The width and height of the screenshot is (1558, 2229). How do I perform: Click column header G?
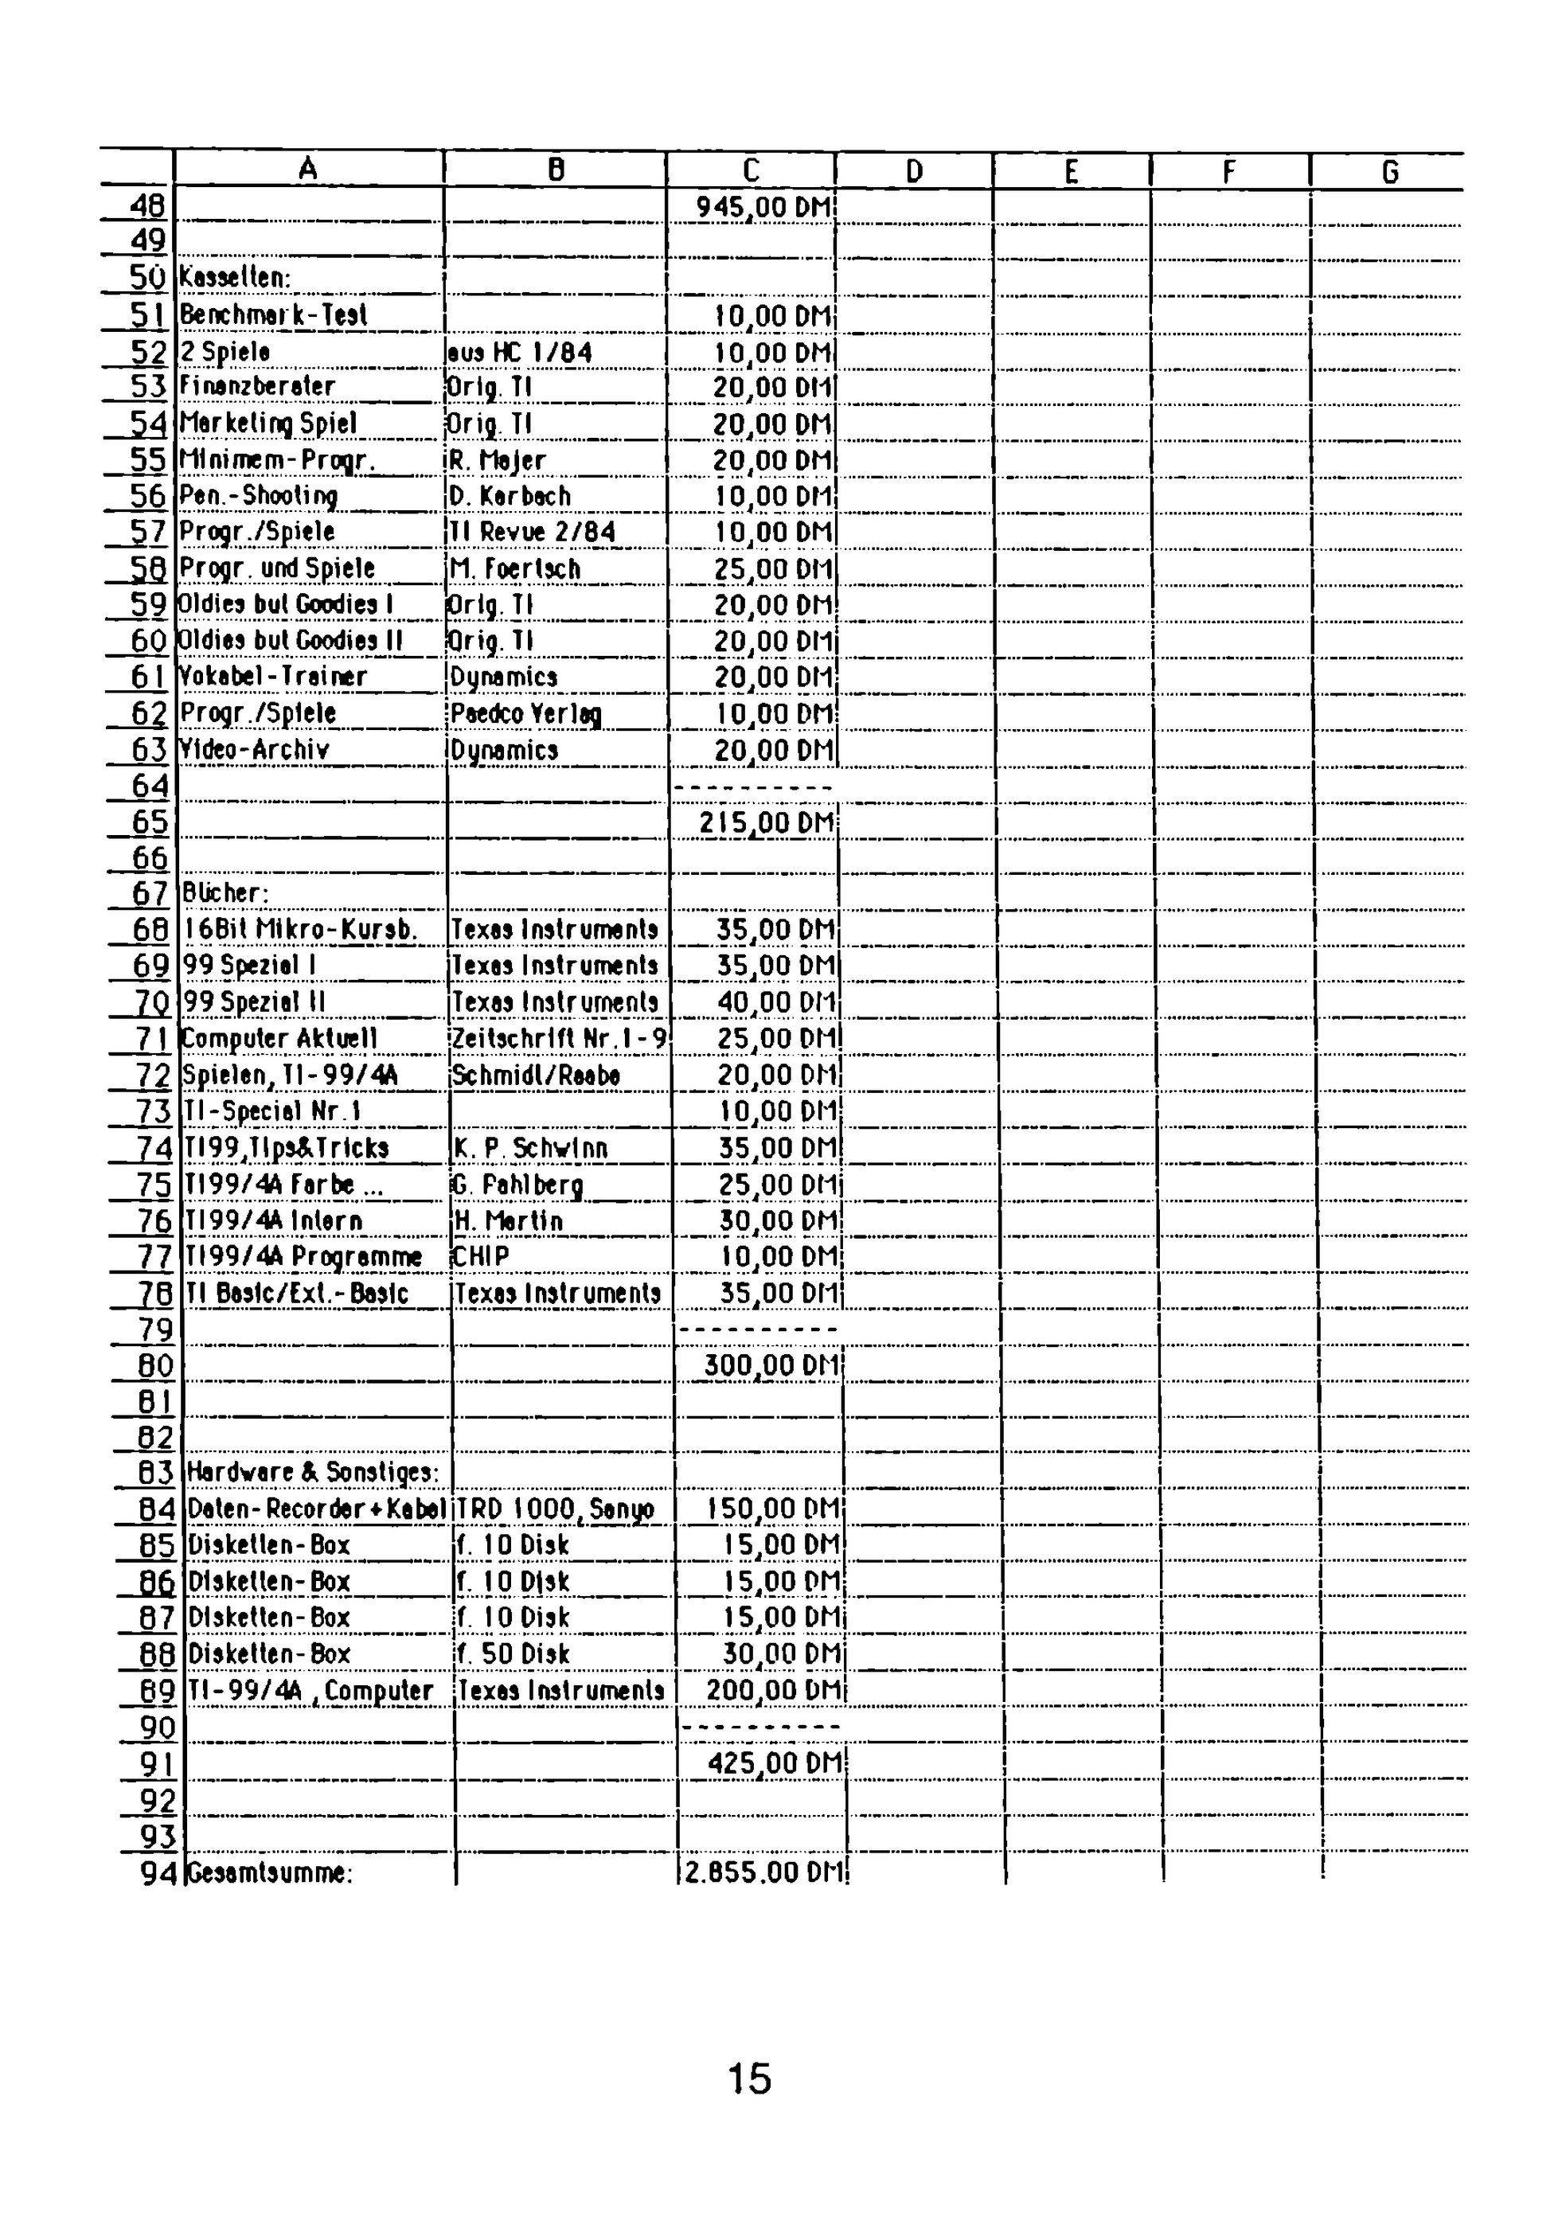click(1389, 172)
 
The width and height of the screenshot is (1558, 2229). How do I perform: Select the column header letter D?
click(913, 172)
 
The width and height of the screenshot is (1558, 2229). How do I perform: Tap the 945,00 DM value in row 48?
click(765, 207)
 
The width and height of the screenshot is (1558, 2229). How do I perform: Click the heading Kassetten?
click(235, 278)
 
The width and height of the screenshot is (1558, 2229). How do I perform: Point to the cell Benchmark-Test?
click(274, 314)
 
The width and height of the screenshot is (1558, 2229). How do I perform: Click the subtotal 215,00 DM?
click(766, 823)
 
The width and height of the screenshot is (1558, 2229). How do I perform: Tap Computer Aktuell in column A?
click(279, 1039)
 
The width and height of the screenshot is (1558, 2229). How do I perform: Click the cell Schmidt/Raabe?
click(536, 1075)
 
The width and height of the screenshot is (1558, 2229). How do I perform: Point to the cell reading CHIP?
click(482, 1257)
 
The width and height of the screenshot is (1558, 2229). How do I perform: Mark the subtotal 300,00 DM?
click(771, 1366)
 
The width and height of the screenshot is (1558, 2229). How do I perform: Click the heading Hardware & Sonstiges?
click(313, 1473)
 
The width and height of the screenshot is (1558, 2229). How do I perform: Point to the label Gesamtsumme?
click(269, 1872)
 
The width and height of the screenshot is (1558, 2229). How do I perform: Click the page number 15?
click(749, 2079)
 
